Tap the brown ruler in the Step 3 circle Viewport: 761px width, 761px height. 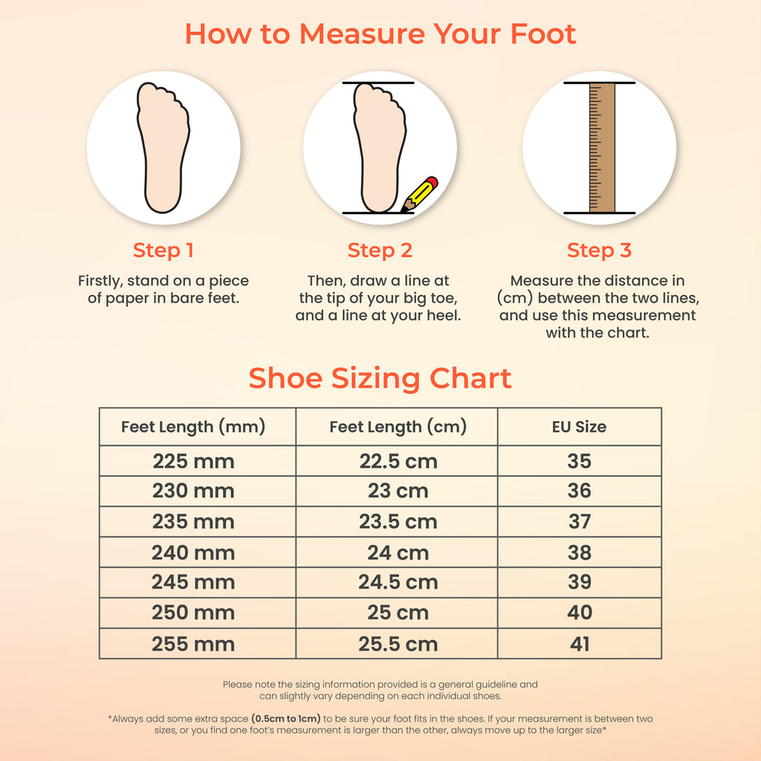(602, 148)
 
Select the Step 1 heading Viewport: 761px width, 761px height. (163, 250)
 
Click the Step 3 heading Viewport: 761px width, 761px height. (600, 250)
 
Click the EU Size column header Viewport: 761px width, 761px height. (580, 427)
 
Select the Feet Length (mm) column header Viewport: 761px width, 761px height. (193, 427)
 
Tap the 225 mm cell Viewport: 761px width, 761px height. (194, 461)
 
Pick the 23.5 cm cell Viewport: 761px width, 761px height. (398, 522)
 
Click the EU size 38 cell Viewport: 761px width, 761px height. (580, 552)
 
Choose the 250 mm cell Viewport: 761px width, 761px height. (193, 612)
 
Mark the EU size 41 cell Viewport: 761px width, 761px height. (580, 644)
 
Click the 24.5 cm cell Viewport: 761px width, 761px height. (398, 582)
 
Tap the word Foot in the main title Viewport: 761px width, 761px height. (543, 34)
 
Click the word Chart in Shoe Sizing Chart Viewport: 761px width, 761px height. (470, 378)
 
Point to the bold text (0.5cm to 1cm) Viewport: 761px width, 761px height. (286, 719)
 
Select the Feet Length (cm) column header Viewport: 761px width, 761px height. (398, 427)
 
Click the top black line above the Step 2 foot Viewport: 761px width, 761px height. (378, 83)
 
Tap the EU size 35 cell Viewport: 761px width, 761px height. (580, 461)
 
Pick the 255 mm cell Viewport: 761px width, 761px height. (193, 644)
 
